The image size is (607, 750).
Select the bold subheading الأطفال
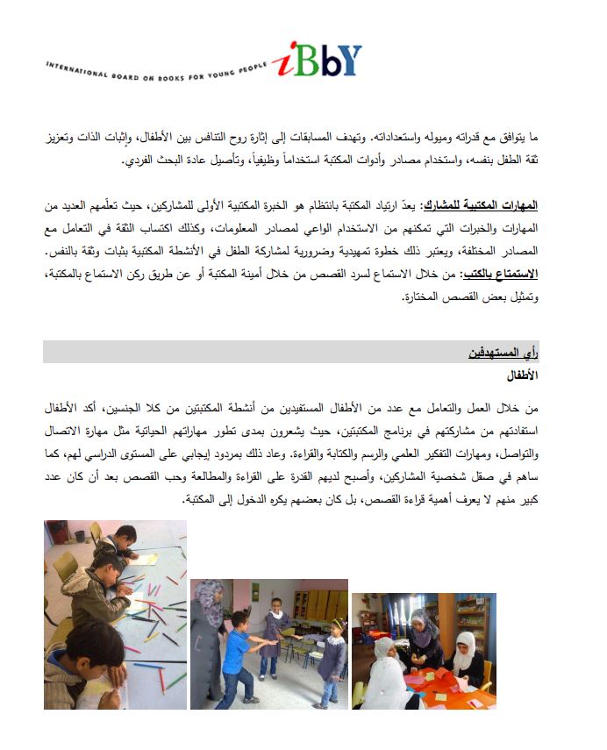(x=522, y=375)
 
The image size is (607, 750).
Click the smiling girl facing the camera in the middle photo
(x=275, y=632)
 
